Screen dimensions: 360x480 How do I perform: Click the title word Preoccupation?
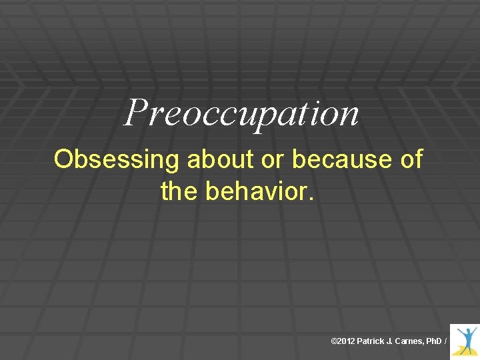pos(241,113)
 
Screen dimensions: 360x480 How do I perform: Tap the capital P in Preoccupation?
pos(136,111)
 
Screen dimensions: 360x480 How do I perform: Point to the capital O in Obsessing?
pos(64,160)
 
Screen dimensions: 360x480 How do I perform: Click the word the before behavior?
pos(179,191)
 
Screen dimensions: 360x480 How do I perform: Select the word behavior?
pos(257,191)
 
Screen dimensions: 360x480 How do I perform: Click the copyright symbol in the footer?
pos(334,341)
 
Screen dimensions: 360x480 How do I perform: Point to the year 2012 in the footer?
pos(345,341)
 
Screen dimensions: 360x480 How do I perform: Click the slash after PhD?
pos(445,341)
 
